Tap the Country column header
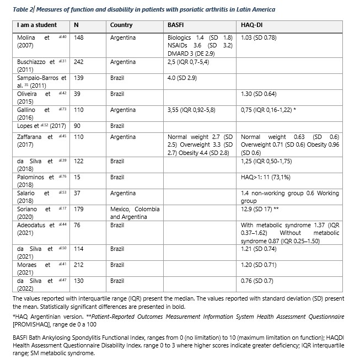(121, 26)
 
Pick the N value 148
(80, 38)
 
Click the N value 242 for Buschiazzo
(80, 62)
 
